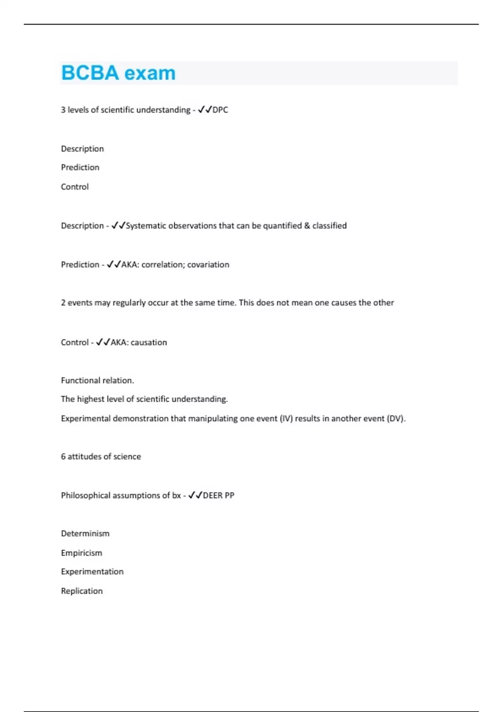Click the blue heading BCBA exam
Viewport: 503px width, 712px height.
point(118,73)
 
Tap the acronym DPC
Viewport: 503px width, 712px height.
point(220,110)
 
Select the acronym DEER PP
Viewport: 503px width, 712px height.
point(218,495)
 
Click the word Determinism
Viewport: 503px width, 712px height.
point(85,534)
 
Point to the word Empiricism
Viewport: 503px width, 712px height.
point(81,553)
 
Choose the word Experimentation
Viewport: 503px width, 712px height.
point(92,572)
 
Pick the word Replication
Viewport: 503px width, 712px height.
point(82,591)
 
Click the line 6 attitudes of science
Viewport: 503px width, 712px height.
point(101,457)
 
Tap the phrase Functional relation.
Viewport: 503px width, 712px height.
point(97,380)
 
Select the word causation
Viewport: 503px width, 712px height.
point(149,343)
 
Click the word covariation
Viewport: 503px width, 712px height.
point(208,265)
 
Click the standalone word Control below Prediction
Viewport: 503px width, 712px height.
point(75,187)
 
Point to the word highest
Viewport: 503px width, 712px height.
point(91,399)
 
